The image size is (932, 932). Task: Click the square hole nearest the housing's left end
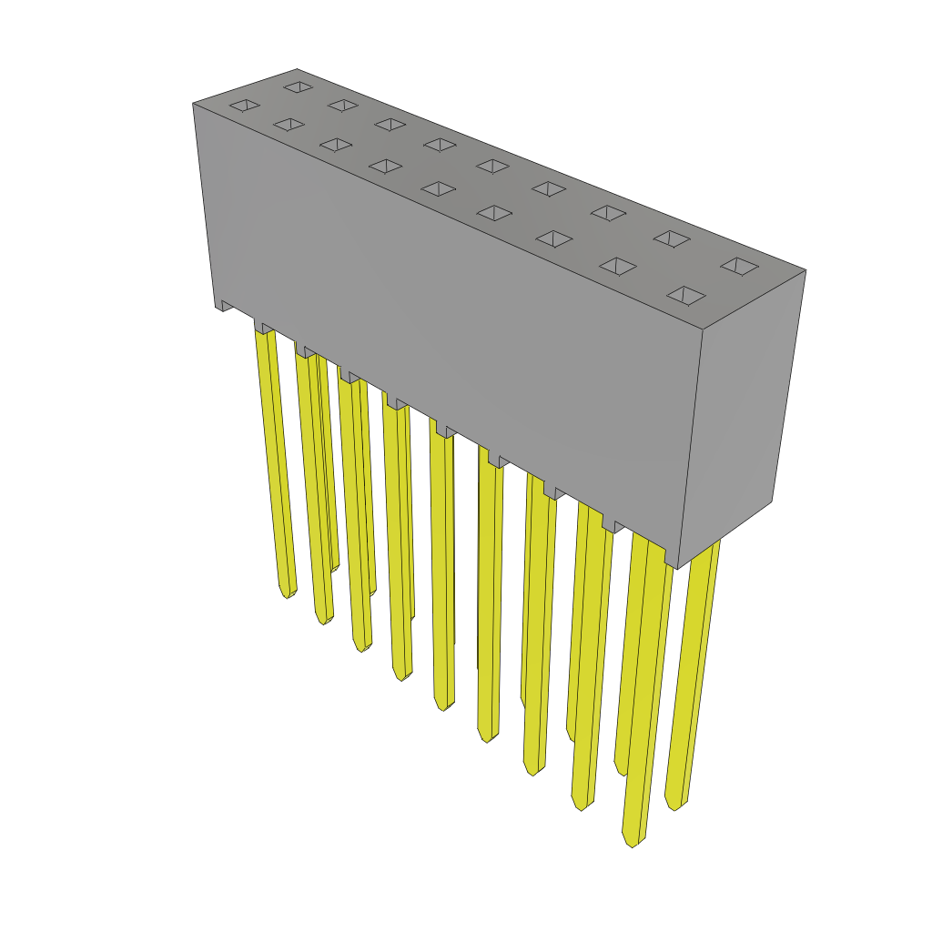click(245, 106)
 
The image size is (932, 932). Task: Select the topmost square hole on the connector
click(298, 87)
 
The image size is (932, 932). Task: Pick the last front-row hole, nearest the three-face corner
click(686, 296)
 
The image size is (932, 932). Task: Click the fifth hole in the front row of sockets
click(439, 188)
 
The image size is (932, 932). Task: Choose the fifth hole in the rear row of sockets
click(493, 167)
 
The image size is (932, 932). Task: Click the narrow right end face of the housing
click(742, 419)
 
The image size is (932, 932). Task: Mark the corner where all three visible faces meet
click(703, 329)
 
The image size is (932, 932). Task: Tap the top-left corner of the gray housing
click(194, 104)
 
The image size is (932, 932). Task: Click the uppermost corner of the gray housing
click(297, 70)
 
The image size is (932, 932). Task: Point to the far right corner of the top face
click(805, 270)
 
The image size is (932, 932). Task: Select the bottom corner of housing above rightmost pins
click(677, 569)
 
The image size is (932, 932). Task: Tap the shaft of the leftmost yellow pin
click(276, 455)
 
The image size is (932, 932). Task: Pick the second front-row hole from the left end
click(289, 125)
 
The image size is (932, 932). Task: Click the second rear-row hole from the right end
click(672, 238)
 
